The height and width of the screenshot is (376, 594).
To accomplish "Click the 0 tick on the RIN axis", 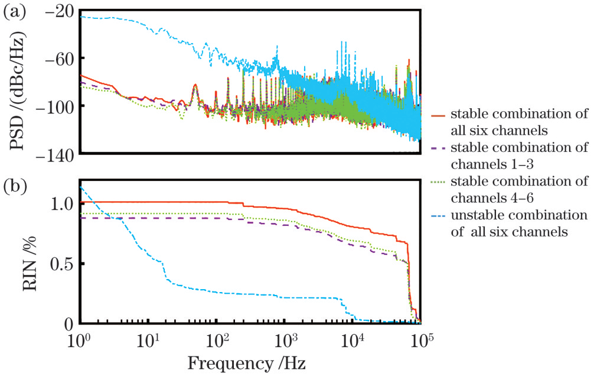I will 68,324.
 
